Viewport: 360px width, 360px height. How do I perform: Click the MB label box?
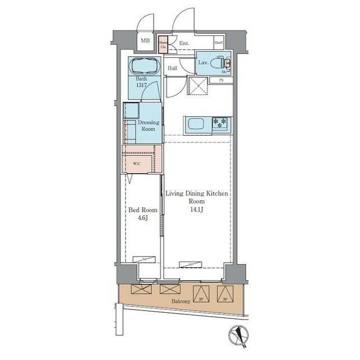point(145,41)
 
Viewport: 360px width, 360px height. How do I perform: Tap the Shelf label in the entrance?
point(218,43)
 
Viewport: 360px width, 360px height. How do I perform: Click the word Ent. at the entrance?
point(184,43)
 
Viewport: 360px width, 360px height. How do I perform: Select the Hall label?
point(173,69)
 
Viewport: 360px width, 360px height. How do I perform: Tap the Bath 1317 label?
point(141,82)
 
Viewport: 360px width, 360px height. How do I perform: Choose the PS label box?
point(221,80)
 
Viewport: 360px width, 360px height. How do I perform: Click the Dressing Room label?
point(148,125)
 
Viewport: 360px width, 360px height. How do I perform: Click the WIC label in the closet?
point(137,164)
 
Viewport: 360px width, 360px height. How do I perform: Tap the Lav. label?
point(203,62)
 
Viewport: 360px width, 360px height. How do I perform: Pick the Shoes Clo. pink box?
point(163,44)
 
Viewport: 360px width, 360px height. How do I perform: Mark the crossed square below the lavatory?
point(198,86)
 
